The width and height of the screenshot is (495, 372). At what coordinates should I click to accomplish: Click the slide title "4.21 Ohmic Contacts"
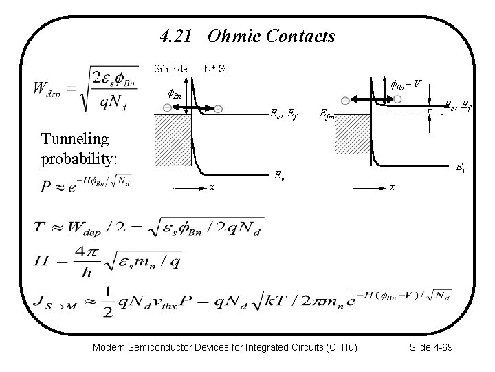247,35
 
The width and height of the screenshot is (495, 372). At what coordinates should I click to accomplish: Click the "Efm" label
328,117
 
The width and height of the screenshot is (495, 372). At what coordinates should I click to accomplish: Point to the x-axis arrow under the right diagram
368,186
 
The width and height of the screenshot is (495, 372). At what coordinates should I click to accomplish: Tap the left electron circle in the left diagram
167,109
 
